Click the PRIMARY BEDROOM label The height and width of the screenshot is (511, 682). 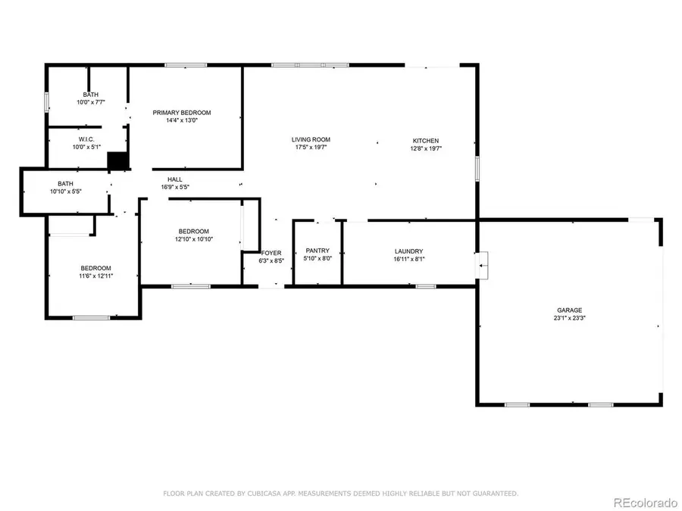pos(182,112)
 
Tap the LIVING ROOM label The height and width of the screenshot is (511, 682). pos(311,139)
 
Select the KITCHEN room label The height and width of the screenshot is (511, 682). pos(425,141)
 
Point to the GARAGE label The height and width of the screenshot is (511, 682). pos(569,310)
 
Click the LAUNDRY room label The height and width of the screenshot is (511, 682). pos(408,251)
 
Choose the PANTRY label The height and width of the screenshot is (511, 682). pos(318,251)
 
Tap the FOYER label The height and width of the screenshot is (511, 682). pos(271,253)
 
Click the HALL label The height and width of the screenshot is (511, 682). pos(174,179)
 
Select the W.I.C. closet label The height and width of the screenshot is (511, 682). pos(86,139)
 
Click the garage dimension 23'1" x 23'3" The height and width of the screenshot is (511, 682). pos(569,318)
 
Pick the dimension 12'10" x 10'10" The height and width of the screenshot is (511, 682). pos(193,239)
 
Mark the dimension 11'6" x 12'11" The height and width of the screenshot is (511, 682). pos(96,276)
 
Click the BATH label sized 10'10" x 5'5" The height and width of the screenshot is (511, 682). pos(65,183)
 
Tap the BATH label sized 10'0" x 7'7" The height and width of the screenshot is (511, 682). pos(90,95)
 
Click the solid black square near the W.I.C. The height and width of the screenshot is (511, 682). pos(117,161)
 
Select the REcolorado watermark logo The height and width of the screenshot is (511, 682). pos(645,501)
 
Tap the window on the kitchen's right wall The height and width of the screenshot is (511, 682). pos(477,168)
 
